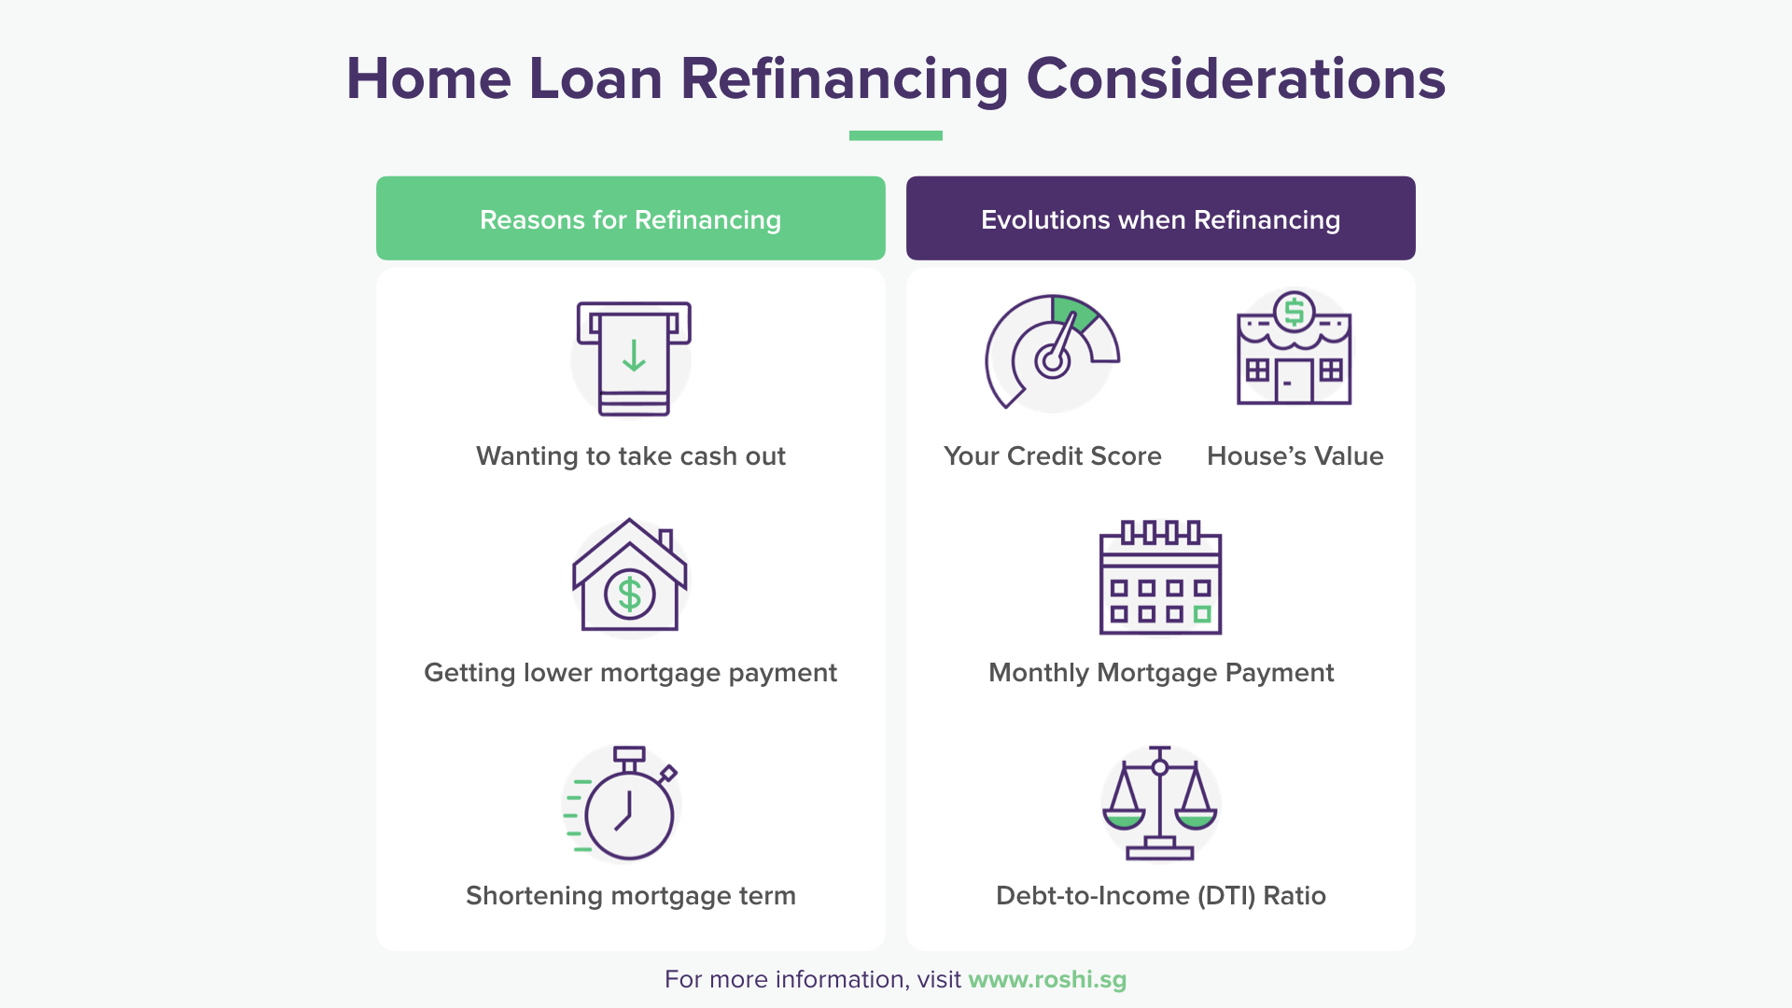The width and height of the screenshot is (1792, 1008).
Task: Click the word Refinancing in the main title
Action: tap(844, 79)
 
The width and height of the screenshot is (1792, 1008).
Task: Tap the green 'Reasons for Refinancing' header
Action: tap(630, 218)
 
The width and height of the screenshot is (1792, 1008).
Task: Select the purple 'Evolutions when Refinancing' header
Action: tap(1160, 218)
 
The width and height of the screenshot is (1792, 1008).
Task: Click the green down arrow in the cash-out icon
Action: tap(634, 356)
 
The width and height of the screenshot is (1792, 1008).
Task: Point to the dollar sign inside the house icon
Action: tap(630, 594)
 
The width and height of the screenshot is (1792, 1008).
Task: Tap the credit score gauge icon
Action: tap(1052, 353)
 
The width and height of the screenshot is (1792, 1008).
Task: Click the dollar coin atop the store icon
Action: tap(1294, 312)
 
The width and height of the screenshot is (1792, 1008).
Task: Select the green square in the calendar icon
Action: tap(1202, 614)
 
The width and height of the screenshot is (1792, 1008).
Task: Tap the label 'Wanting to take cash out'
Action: tap(630, 456)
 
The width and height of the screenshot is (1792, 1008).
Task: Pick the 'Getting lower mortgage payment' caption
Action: tap(630, 673)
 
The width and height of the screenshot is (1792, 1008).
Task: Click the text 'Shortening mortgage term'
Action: tap(630, 896)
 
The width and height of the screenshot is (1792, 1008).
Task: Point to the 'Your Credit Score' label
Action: tap(1052, 456)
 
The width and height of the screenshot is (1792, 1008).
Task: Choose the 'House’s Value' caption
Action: tap(1295, 456)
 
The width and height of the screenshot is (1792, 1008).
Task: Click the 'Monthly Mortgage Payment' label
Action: tap(1160, 673)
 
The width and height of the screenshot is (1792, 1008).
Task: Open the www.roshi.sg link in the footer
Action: tap(1047, 979)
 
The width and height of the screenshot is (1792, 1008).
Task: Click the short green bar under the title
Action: tap(895, 135)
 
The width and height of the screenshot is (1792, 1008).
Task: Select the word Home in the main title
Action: tap(428, 79)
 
